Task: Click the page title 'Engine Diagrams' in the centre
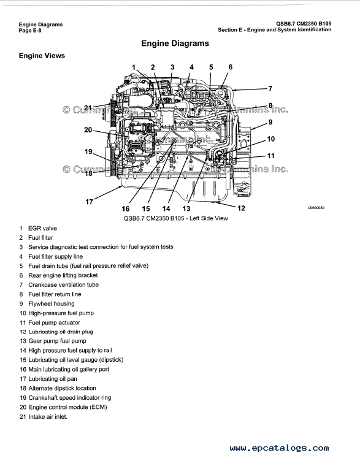tap(175, 44)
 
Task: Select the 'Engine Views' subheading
tap(42, 56)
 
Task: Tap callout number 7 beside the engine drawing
tap(270, 88)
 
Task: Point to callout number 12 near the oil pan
tap(241, 208)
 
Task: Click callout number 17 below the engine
tap(89, 202)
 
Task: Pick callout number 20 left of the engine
tap(88, 130)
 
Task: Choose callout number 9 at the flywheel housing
tap(270, 122)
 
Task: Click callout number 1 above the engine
tap(134, 67)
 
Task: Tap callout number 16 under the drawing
tap(125, 208)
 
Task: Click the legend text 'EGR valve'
tap(42, 229)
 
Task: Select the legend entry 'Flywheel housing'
tap(51, 303)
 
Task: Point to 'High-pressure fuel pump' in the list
tap(61, 313)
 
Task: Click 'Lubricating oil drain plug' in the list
tap(61, 332)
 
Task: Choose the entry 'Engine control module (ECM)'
tap(67, 407)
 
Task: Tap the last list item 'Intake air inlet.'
tap(48, 417)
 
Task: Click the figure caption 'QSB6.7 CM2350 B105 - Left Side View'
tap(175, 218)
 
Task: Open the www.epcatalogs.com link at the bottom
tap(279, 448)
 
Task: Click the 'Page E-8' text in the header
tap(30, 31)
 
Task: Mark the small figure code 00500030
tap(316, 208)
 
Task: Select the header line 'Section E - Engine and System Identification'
tap(274, 29)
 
